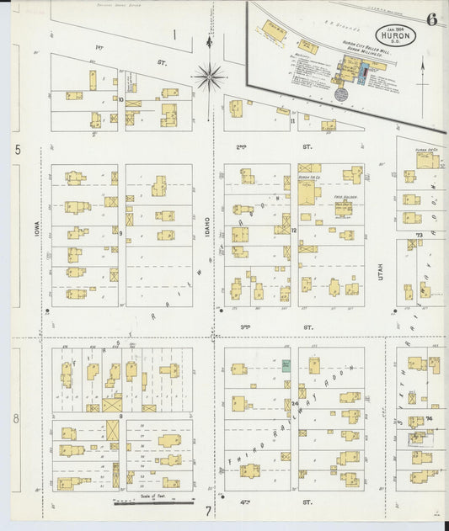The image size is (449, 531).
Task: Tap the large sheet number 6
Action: point(431,21)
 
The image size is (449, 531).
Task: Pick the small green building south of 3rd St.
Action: point(286,365)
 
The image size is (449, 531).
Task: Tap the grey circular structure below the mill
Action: point(341,95)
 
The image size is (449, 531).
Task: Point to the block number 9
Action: point(121,233)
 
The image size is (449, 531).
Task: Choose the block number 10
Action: point(121,99)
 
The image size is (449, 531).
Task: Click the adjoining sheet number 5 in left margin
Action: point(18,149)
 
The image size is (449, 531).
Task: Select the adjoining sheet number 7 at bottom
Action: point(208,510)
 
